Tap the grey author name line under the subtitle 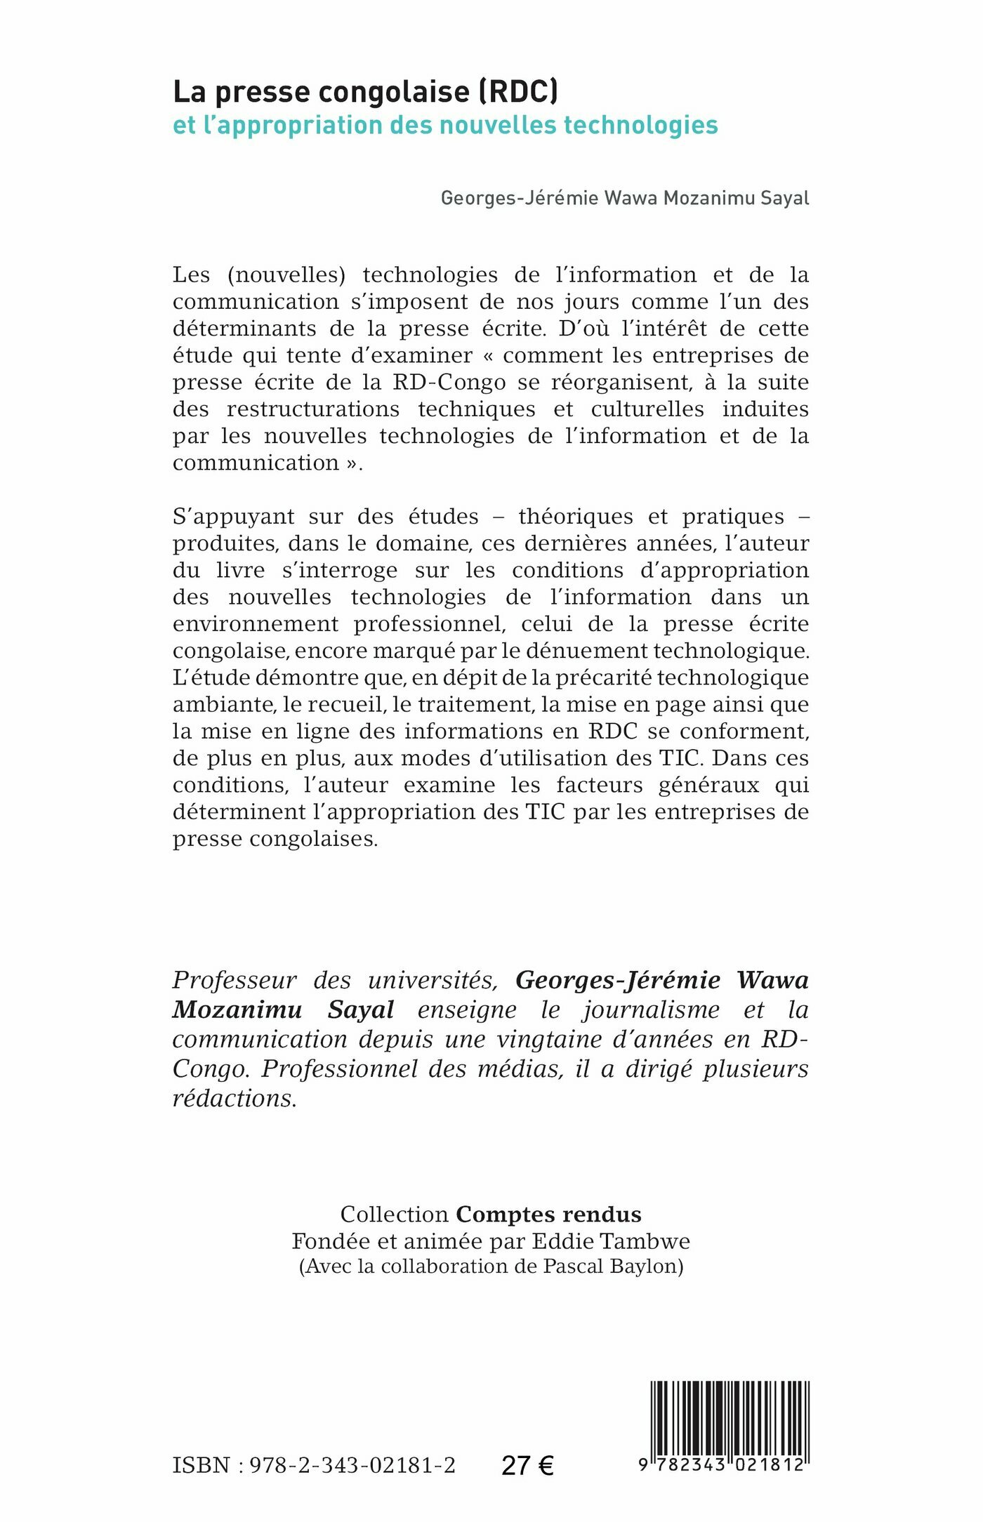pos(624,199)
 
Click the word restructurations pos(312,409)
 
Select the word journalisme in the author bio pos(651,1010)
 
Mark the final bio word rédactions pos(235,1099)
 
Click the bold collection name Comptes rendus pos(548,1215)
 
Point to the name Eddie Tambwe pos(611,1241)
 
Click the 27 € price pos(527,1466)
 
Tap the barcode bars pos(730,1418)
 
